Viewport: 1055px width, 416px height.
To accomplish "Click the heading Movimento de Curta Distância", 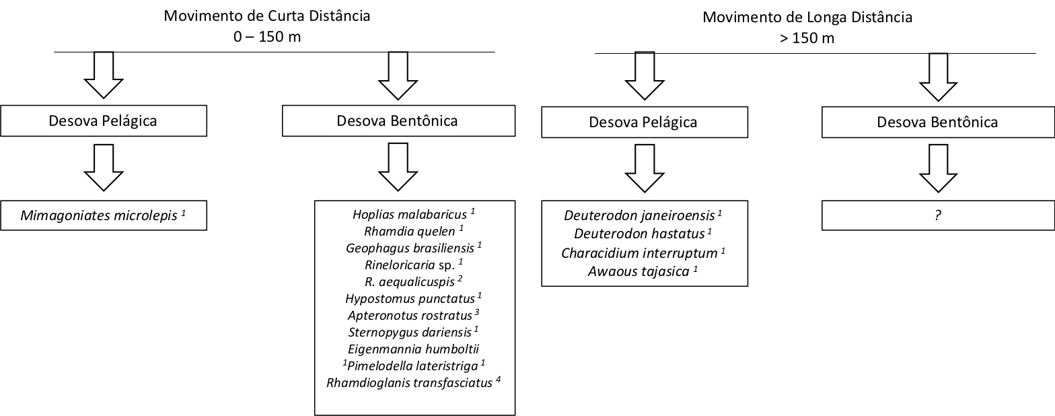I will pyautogui.click(x=266, y=15).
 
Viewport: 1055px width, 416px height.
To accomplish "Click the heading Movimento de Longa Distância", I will pyautogui.click(x=807, y=17).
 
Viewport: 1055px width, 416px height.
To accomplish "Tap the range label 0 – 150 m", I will pyautogui.click(x=267, y=36).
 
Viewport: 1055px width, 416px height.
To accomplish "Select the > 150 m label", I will pyautogui.click(x=807, y=38).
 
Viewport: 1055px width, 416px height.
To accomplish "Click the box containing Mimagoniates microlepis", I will pyautogui.click(x=104, y=216).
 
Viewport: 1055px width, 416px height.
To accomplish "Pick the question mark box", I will pyautogui.click(x=937, y=216).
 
